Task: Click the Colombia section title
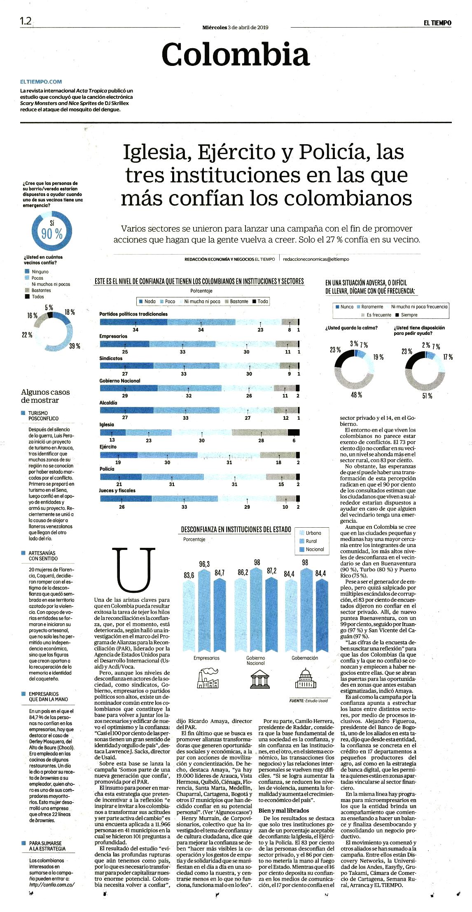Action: pyautogui.click(x=235, y=54)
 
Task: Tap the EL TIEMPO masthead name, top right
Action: pyautogui.click(x=437, y=23)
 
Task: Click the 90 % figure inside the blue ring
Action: pyautogui.click(x=52, y=234)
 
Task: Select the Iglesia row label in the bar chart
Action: pyautogui.click(x=107, y=424)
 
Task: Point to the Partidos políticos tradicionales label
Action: pyautogui.click(x=133, y=314)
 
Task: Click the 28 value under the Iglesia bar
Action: pyautogui.click(x=261, y=440)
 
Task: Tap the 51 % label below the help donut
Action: pyautogui.click(x=427, y=396)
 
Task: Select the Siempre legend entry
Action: pyautogui.click(x=406, y=315)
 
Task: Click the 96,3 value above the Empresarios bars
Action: pyautogui.click(x=204, y=564)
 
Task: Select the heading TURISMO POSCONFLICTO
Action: pyautogui.click(x=40, y=415)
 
